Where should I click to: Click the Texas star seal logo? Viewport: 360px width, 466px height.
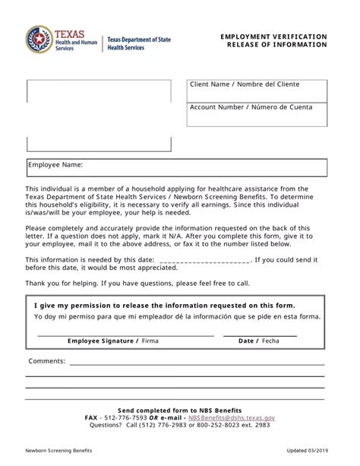click(38, 40)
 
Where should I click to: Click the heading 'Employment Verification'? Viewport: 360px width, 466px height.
click(274, 36)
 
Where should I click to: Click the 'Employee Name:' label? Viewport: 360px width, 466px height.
click(55, 164)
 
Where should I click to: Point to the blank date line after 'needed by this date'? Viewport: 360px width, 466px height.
click(205, 260)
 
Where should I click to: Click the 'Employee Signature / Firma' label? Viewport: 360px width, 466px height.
click(112, 341)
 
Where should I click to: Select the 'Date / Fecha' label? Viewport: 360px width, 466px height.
click(258, 341)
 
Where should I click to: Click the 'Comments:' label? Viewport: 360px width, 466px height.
click(47, 360)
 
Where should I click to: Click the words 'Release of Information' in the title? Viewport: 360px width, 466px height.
click(277, 44)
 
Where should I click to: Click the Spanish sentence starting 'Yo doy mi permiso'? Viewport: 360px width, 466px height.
click(177, 316)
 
